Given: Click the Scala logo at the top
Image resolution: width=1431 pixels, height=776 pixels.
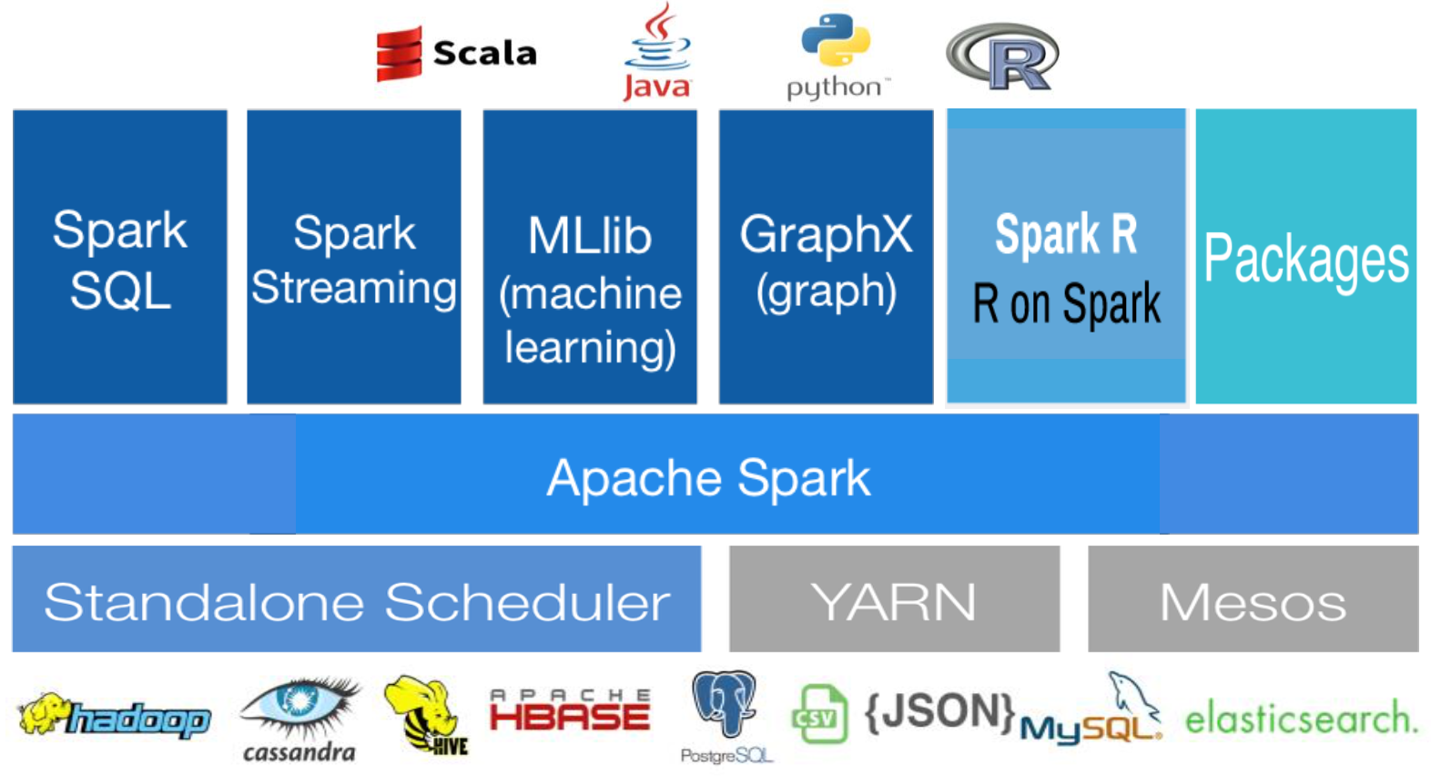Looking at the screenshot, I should click(x=455, y=53).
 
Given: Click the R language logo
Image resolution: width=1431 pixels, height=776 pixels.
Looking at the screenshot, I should click(x=1003, y=56).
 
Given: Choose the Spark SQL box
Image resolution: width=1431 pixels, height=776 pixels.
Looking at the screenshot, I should click(x=120, y=257).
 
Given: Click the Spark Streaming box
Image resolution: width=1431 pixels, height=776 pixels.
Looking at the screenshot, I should click(x=354, y=257).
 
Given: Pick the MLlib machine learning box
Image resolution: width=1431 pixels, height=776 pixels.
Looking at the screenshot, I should click(x=590, y=257).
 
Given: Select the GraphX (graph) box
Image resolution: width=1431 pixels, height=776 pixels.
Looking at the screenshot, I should click(x=826, y=257).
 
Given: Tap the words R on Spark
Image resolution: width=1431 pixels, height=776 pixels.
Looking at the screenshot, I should click(x=1066, y=304).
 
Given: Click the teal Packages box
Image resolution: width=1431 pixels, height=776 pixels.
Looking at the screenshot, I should click(x=1305, y=257).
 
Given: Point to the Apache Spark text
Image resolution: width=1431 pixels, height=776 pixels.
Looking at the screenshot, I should click(x=708, y=477).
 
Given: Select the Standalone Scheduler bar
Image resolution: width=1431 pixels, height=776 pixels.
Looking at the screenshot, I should click(x=357, y=600).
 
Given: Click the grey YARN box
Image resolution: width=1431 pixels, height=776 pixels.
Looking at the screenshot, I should click(x=894, y=600).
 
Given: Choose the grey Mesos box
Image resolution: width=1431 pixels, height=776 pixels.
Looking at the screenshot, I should click(x=1253, y=600).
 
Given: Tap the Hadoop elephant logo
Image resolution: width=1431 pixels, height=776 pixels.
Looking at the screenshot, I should click(x=114, y=718).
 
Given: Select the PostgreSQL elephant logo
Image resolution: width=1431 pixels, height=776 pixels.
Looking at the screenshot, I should click(x=725, y=716).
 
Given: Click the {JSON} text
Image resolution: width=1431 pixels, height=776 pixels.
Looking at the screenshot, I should click(x=938, y=711).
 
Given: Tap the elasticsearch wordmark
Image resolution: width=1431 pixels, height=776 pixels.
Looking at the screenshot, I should click(x=1301, y=719).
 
